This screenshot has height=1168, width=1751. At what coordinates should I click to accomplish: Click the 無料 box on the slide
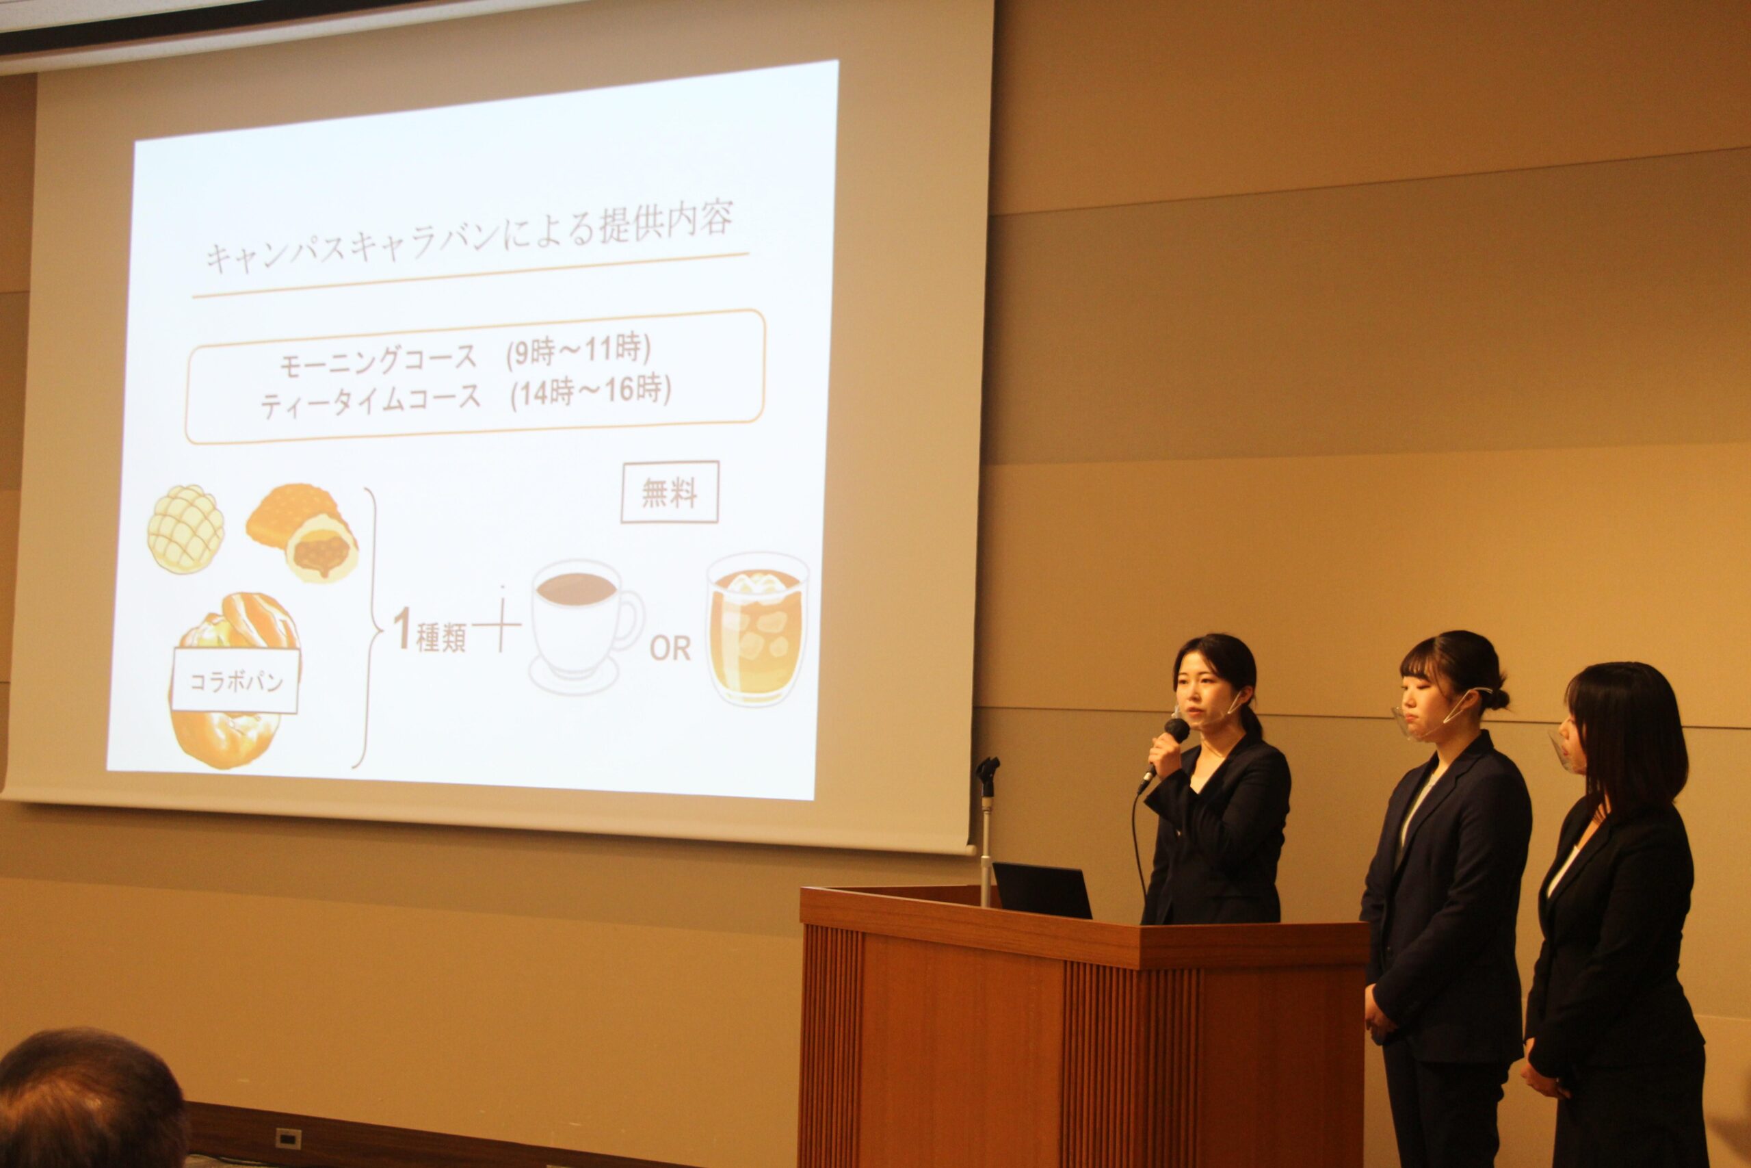click(670, 493)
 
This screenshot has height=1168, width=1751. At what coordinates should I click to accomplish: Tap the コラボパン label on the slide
click(235, 681)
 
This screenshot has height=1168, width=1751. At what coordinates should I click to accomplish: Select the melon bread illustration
click(185, 529)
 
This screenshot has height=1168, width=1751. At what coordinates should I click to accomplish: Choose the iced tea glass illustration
click(756, 628)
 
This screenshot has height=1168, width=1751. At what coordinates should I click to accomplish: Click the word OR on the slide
click(670, 649)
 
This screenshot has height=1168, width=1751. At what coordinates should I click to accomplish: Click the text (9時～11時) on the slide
click(578, 350)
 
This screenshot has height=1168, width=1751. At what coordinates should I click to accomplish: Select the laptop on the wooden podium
click(1042, 890)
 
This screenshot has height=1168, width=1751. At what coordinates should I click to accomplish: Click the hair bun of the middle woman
click(1498, 698)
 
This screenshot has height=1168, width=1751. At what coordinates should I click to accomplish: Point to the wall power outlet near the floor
click(287, 1137)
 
